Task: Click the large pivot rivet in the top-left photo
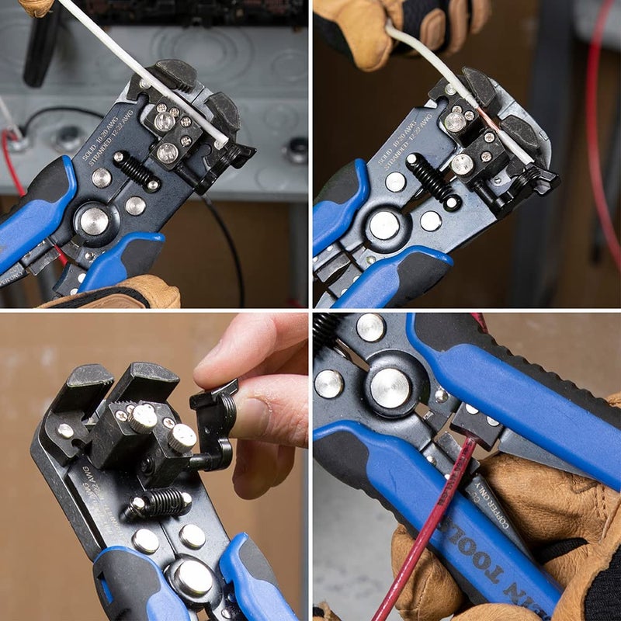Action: point(95,220)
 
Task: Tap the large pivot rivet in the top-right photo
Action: point(383,225)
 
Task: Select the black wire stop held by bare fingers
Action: point(213,423)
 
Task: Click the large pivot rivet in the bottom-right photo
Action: point(390,387)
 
